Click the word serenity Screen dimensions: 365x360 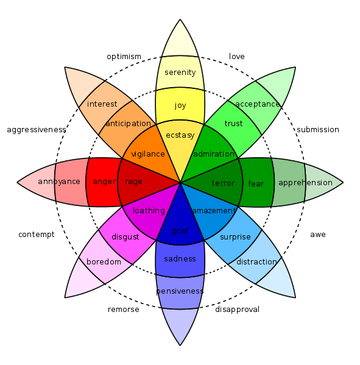[x=180, y=73]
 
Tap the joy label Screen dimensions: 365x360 [x=180, y=105]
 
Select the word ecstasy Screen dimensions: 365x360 [x=180, y=135]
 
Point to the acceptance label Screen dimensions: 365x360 [x=257, y=104]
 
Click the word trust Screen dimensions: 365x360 [x=233, y=124]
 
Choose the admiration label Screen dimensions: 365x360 [x=214, y=154]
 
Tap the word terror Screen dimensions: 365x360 [x=223, y=183]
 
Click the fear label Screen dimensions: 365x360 [x=256, y=183]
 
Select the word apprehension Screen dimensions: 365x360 [x=305, y=183]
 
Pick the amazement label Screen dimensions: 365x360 [x=213, y=211]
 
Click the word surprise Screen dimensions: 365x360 [x=235, y=237]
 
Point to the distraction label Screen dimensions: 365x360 [x=256, y=262]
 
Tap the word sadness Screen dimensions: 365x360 [x=180, y=259]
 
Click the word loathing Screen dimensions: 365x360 [x=149, y=211]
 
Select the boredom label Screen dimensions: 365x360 [x=104, y=262]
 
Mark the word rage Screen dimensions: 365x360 [x=133, y=182]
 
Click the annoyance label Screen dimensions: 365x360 [x=59, y=182]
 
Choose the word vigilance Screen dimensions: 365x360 [x=148, y=154]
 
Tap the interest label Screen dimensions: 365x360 [x=102, y=104]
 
